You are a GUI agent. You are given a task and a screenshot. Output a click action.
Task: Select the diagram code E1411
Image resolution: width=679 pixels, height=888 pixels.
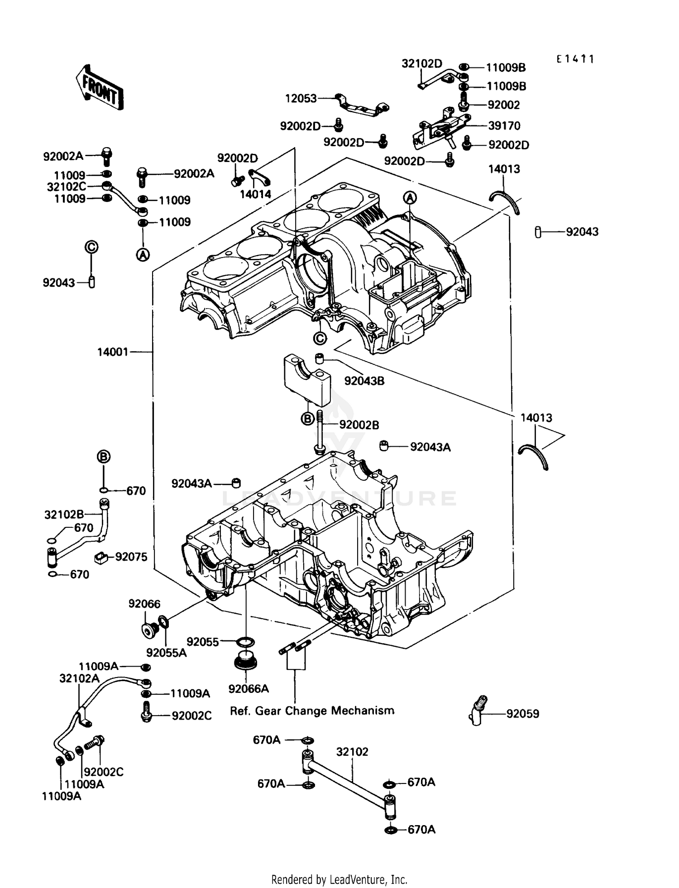point(575,59)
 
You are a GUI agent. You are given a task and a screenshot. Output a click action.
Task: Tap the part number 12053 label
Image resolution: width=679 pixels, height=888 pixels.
point(301,98)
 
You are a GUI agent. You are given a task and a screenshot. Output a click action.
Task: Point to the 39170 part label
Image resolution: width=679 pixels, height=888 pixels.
point(504,125)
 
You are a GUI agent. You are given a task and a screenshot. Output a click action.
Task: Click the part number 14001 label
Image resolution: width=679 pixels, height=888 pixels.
point(113,352)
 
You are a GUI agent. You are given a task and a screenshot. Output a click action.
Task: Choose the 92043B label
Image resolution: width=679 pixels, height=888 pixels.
point(364,381)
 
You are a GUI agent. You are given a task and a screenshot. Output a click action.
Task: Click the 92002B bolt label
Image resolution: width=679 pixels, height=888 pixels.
point(359,425)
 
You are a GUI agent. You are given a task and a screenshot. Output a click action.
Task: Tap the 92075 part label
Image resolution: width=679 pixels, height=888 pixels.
point(131,557)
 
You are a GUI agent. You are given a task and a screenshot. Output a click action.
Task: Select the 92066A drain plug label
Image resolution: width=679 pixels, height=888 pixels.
point(249,688)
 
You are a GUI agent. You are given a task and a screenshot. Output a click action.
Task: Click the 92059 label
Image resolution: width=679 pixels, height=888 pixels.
point(522,714)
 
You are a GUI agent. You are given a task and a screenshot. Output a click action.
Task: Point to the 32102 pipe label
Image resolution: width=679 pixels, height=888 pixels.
point(352,752)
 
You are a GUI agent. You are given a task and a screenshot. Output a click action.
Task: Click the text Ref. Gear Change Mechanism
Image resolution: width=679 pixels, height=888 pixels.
point(312,711)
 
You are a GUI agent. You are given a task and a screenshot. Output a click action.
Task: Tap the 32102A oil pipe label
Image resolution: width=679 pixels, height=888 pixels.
point(79,678)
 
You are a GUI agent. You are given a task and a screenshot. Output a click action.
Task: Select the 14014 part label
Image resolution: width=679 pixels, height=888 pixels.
point(255,194)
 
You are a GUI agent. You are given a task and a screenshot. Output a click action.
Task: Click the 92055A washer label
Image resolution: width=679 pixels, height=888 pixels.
point(166,652)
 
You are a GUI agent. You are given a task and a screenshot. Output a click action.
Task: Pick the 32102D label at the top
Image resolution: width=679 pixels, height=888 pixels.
point(421,64)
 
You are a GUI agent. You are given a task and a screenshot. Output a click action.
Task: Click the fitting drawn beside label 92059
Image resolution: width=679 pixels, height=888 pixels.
point(478,710)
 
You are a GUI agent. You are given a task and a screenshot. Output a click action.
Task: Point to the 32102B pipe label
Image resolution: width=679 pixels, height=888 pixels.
point(64,514)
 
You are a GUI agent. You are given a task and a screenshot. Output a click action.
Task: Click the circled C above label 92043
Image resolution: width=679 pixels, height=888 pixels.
point(91,247)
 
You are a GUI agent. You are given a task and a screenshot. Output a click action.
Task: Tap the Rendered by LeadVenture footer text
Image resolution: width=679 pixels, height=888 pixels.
point(339,879)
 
